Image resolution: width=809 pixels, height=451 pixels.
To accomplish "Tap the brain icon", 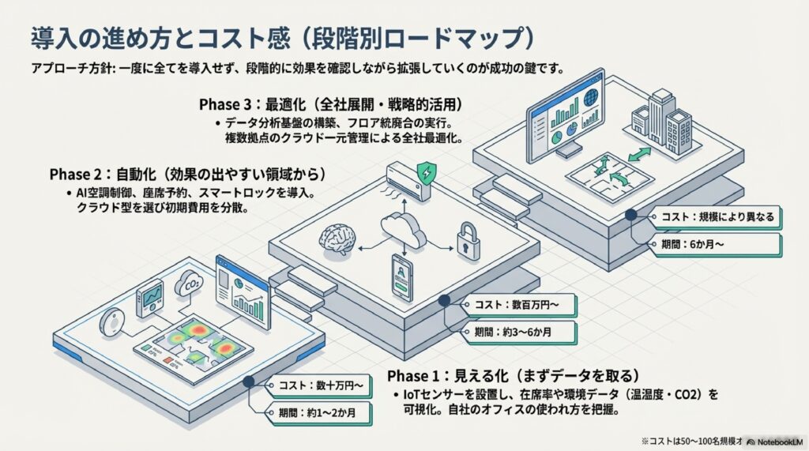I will tap(334, 238).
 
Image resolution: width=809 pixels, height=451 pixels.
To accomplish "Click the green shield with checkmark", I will tap(427, 170).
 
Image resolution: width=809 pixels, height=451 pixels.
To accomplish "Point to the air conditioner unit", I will tap(408, 182).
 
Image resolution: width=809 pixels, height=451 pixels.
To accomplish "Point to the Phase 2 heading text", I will tap(187, 173).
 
